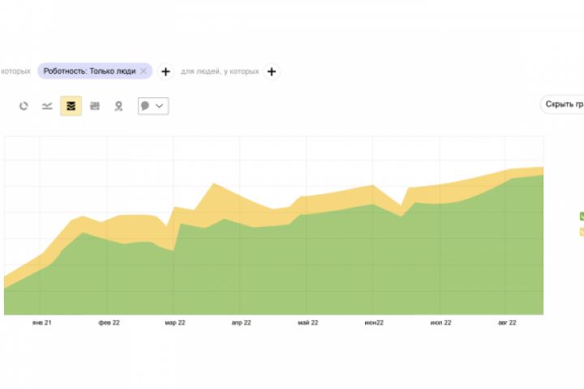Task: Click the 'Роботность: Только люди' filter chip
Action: (89, 71)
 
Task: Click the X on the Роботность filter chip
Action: (144, 71)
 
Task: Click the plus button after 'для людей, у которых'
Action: (272, 71)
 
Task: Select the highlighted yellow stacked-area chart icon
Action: (71, 106)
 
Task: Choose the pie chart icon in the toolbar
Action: (24, 106)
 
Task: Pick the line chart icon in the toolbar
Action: (47, 106)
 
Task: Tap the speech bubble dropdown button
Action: (153, 106)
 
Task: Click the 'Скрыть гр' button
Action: (564, 105)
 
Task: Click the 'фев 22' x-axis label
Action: (109, 323)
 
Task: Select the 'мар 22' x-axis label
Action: (175, 323)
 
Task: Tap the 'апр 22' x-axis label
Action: (241, 323)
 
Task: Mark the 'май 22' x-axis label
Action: (307, 323)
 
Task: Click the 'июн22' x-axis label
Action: (374, 323)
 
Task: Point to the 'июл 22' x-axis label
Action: (440, 323)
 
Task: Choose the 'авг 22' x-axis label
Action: (506, 323)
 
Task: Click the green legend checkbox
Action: (582, 216)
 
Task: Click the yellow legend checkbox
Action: (582, 232)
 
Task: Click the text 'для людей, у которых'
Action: (220, 71)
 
